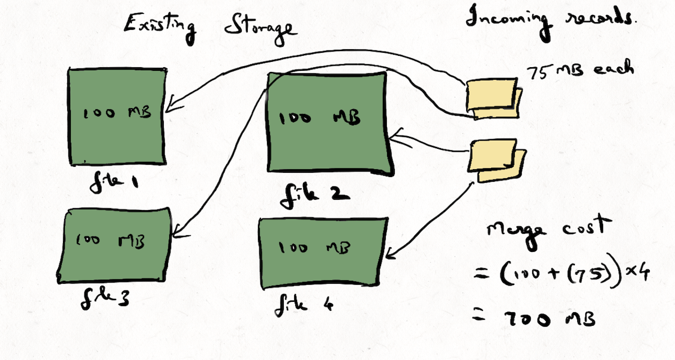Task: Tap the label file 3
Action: pos(104,297)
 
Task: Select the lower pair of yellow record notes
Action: pos(497,158)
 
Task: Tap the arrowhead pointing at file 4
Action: pos(391,254)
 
